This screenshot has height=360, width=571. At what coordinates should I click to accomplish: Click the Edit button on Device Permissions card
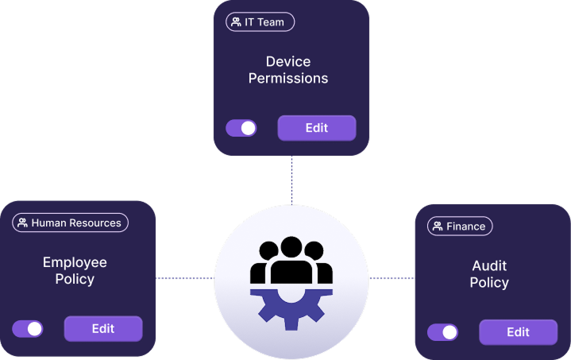point(316,128)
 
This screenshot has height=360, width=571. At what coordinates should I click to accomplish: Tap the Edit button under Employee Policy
point(103,328)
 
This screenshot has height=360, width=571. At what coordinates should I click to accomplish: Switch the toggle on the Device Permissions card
point(241,128)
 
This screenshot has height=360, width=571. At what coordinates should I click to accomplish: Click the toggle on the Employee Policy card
point(28,329)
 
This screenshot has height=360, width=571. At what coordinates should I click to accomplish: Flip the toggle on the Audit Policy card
point(442,332)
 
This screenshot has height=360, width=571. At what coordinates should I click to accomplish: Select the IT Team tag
point(259,22)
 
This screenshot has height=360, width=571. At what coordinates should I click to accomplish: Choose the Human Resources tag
point(70,223)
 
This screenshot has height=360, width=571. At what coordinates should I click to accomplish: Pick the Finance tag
point(460,226)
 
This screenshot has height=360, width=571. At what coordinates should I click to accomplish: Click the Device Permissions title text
point(288,70)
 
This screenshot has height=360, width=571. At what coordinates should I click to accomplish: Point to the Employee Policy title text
point(75,270)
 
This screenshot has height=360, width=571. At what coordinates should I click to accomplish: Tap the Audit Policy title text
point(489,274)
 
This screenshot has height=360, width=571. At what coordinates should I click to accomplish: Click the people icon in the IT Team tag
point(236,22)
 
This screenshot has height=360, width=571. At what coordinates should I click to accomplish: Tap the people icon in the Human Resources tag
point(23,223)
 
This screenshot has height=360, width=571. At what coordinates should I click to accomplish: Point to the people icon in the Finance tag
point(437,226)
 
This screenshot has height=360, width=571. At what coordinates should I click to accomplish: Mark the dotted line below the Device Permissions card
point(291,180)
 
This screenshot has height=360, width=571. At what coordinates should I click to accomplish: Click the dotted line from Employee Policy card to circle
point(184,278)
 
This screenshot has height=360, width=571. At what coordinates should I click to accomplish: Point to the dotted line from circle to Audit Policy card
point(391,278)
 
